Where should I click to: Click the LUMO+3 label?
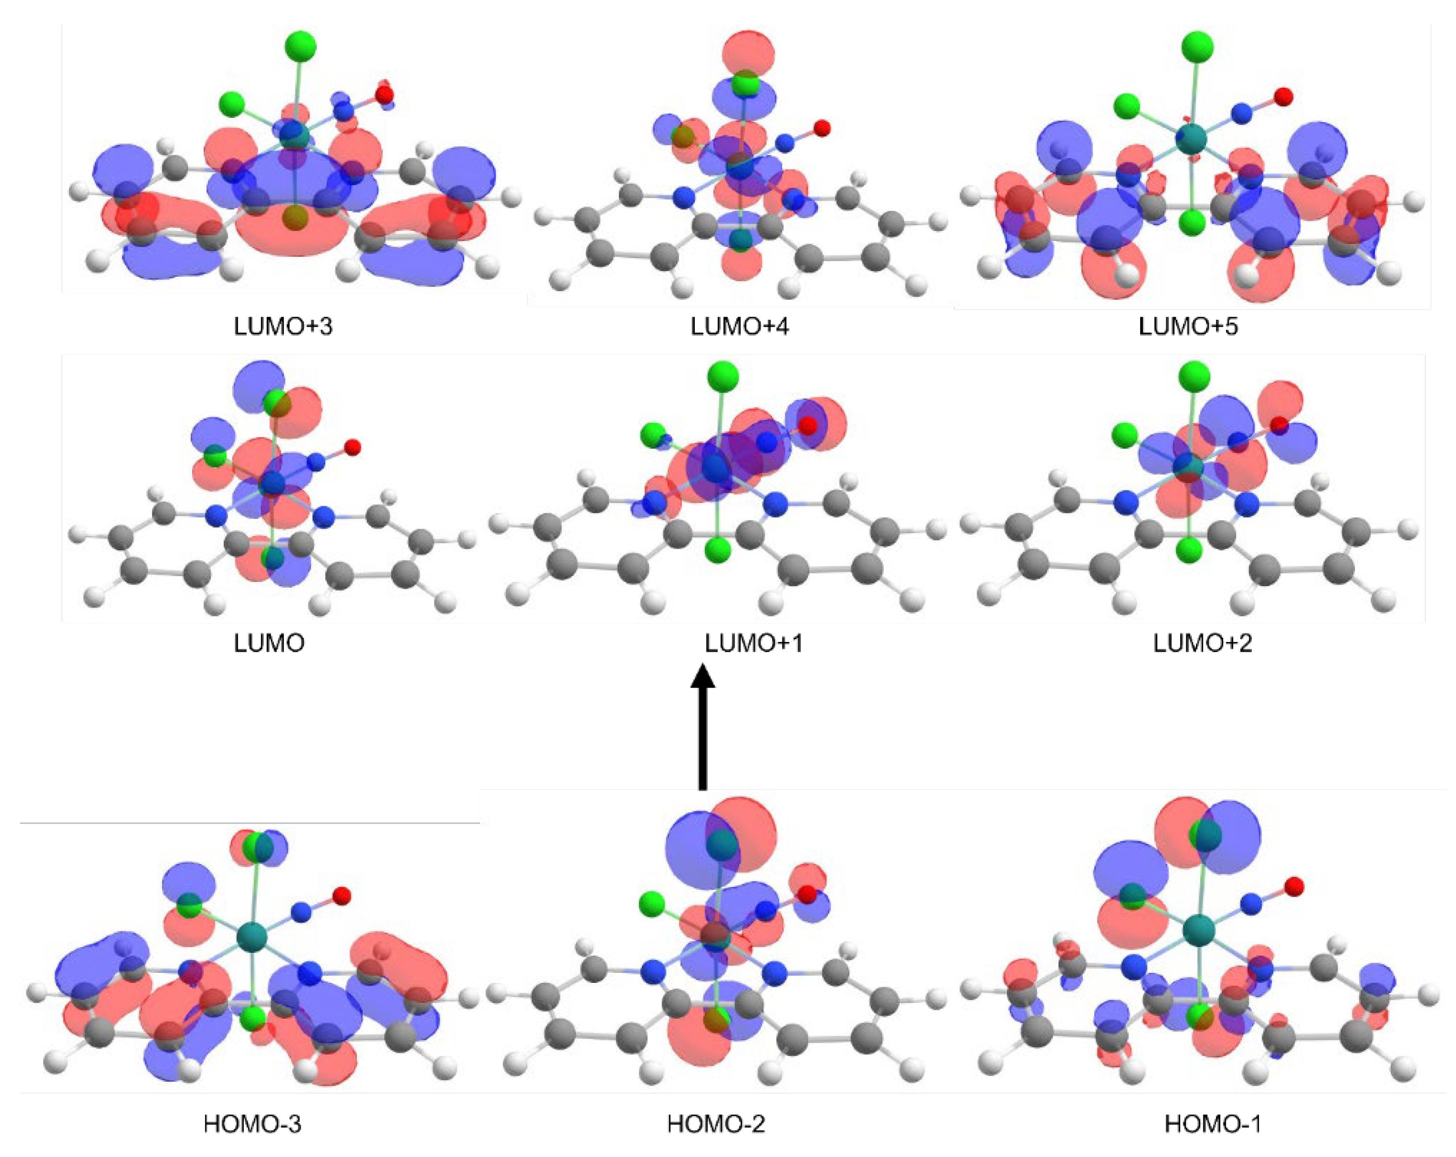click(283, 326)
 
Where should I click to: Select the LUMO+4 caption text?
click(740, 326)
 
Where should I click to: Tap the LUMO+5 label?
click(1188, 326)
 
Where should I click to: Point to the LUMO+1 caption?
click(754, 643)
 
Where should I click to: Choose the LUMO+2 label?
click(1203, 643)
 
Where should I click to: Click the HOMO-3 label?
click(253, 1124)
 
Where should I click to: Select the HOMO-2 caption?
click(716, 1124)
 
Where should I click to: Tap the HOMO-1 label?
click(1213, 1124)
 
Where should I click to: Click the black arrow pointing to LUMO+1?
click(702, 726)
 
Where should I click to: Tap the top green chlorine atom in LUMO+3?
click(301, 46)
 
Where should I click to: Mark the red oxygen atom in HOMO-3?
click(342, 896)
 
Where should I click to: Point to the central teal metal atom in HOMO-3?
click(252, 938)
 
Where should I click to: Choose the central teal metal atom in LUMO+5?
click(1191, 139)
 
